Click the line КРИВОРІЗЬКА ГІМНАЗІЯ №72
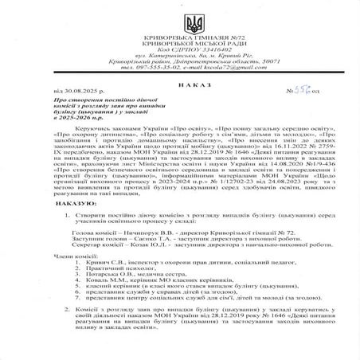point(180,34)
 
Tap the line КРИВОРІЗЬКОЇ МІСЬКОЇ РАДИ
point(180,41)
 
